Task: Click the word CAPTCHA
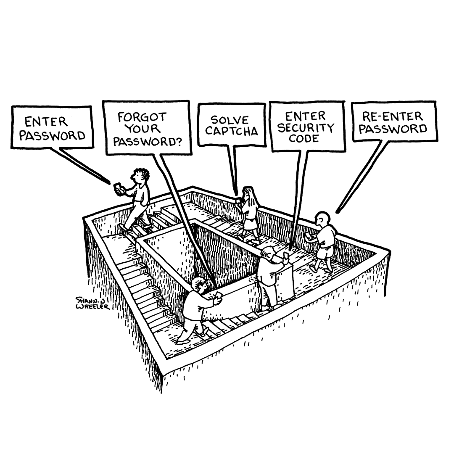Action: point(232,131)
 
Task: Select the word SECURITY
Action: point(306,128)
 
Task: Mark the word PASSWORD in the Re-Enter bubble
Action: point(393,128)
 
